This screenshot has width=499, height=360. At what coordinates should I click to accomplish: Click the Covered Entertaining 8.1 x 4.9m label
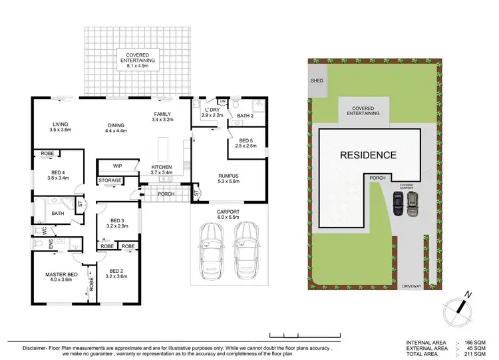(137, 57)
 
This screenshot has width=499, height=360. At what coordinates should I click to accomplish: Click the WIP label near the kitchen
(117, 166)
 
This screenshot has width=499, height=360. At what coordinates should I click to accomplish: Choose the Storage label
(110, 180)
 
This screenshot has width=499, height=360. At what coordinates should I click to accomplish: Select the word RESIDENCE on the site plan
(368, 156)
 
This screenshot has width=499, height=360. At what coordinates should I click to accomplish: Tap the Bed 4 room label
(61, 174)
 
